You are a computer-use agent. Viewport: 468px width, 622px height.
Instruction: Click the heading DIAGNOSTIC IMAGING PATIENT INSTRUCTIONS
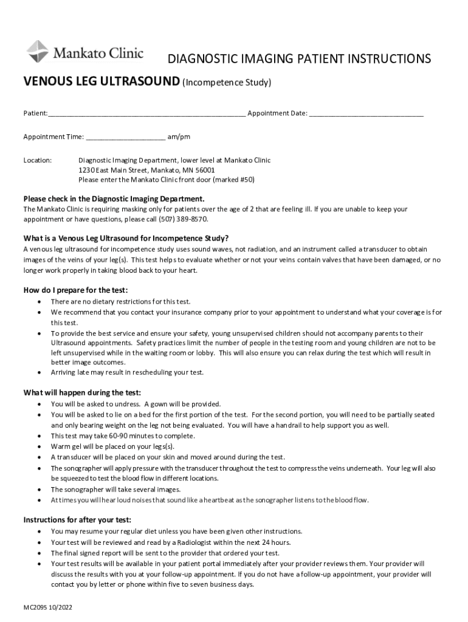pos(299,59)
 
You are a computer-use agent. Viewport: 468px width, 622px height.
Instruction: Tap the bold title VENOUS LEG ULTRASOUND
pos(102,81)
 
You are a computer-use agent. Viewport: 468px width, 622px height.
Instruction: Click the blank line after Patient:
pos(146,114)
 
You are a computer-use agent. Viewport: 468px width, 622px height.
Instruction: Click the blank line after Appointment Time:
pos(125,138)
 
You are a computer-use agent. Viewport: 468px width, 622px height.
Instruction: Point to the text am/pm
pos(179,137)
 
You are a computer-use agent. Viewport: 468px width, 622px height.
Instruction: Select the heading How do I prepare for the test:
pos(75,290)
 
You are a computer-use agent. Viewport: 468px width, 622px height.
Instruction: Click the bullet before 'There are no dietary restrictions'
pos(40,302)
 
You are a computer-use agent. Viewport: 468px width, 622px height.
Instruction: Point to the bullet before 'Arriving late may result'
pos(40,372)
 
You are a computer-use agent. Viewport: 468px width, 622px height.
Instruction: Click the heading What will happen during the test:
pos(82,392)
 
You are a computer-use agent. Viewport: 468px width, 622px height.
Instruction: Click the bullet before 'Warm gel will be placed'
pos(40,446)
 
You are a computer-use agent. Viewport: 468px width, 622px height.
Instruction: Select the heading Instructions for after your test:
pos(77,520)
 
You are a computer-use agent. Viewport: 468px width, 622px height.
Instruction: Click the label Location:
pos(38,160)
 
